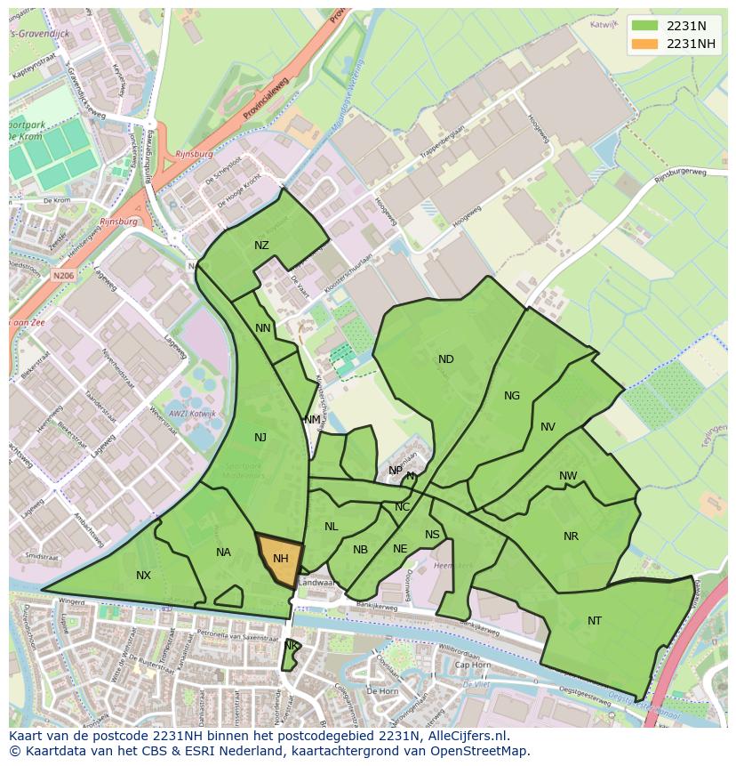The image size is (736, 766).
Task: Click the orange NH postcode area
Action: click(x=280, y=560)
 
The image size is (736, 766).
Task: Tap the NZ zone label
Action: click(x=261, y=246)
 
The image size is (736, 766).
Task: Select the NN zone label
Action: click(x=263, y=328)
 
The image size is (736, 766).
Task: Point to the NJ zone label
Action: click(x=260, y=437)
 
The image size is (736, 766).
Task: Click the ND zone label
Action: click(x=446, y=359)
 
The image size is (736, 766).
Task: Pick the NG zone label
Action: click(x=512, y=396)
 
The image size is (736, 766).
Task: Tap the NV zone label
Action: click(x=548, y=427)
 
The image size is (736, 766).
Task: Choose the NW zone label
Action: click(x=568, y=476)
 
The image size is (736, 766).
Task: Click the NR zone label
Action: click(x=571, y=536)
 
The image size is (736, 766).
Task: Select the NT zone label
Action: click(x=595, y=621)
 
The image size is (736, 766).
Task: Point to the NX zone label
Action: click(x=143, y=576)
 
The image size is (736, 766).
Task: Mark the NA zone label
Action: click(x=223, y=552)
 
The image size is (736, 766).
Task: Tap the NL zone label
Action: click(x=331, y=527)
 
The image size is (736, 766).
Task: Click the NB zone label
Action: click(x=360, y=550)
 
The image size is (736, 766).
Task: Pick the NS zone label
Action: click(x=432, y=535)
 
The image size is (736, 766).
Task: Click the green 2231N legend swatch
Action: click(x=645, y=26)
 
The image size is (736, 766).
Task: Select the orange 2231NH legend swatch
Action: click(x=645, y=44)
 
